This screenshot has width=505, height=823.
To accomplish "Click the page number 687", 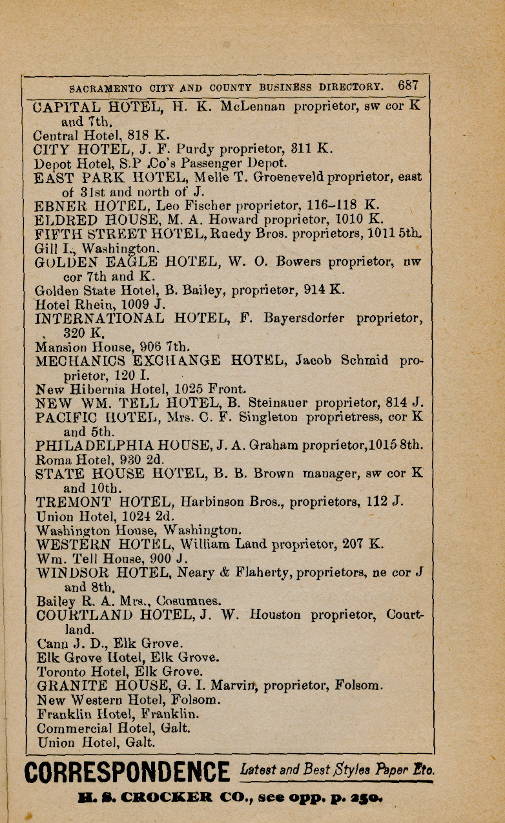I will (x=409, y=85).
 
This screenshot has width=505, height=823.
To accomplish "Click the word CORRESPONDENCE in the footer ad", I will (x=127, y=773).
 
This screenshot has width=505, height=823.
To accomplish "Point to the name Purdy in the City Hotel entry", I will (x=222, y=149).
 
